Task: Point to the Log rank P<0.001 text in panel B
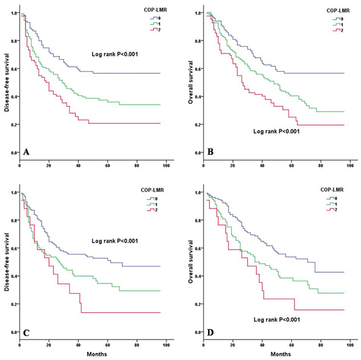(278, 131)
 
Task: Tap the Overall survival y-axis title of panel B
(190, 82)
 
